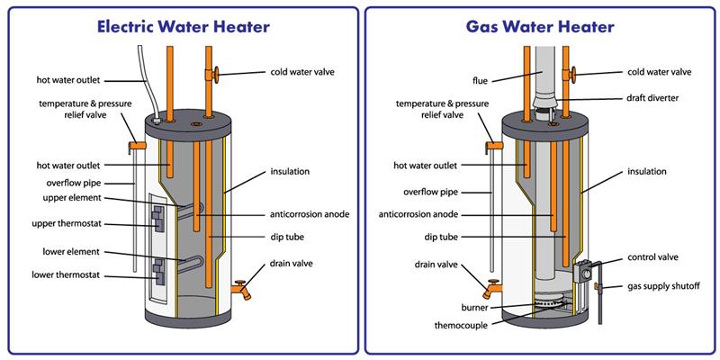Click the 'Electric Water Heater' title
[182, 26]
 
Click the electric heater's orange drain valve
[241, 290]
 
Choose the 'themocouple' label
[437, 323]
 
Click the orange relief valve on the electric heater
[137, 144]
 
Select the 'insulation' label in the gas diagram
[647, 171]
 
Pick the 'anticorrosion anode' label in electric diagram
[309, 214]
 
